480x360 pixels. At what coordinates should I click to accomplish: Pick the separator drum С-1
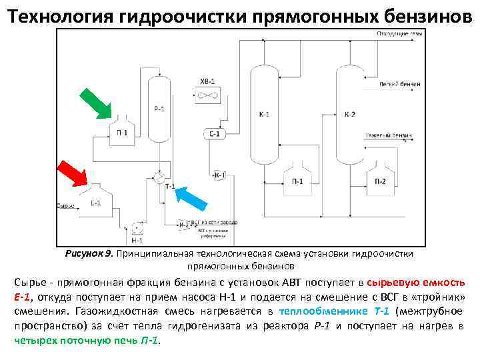point(214,134)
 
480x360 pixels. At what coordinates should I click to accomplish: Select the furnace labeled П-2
point(381,176)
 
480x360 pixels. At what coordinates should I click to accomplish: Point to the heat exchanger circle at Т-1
point(159,177)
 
